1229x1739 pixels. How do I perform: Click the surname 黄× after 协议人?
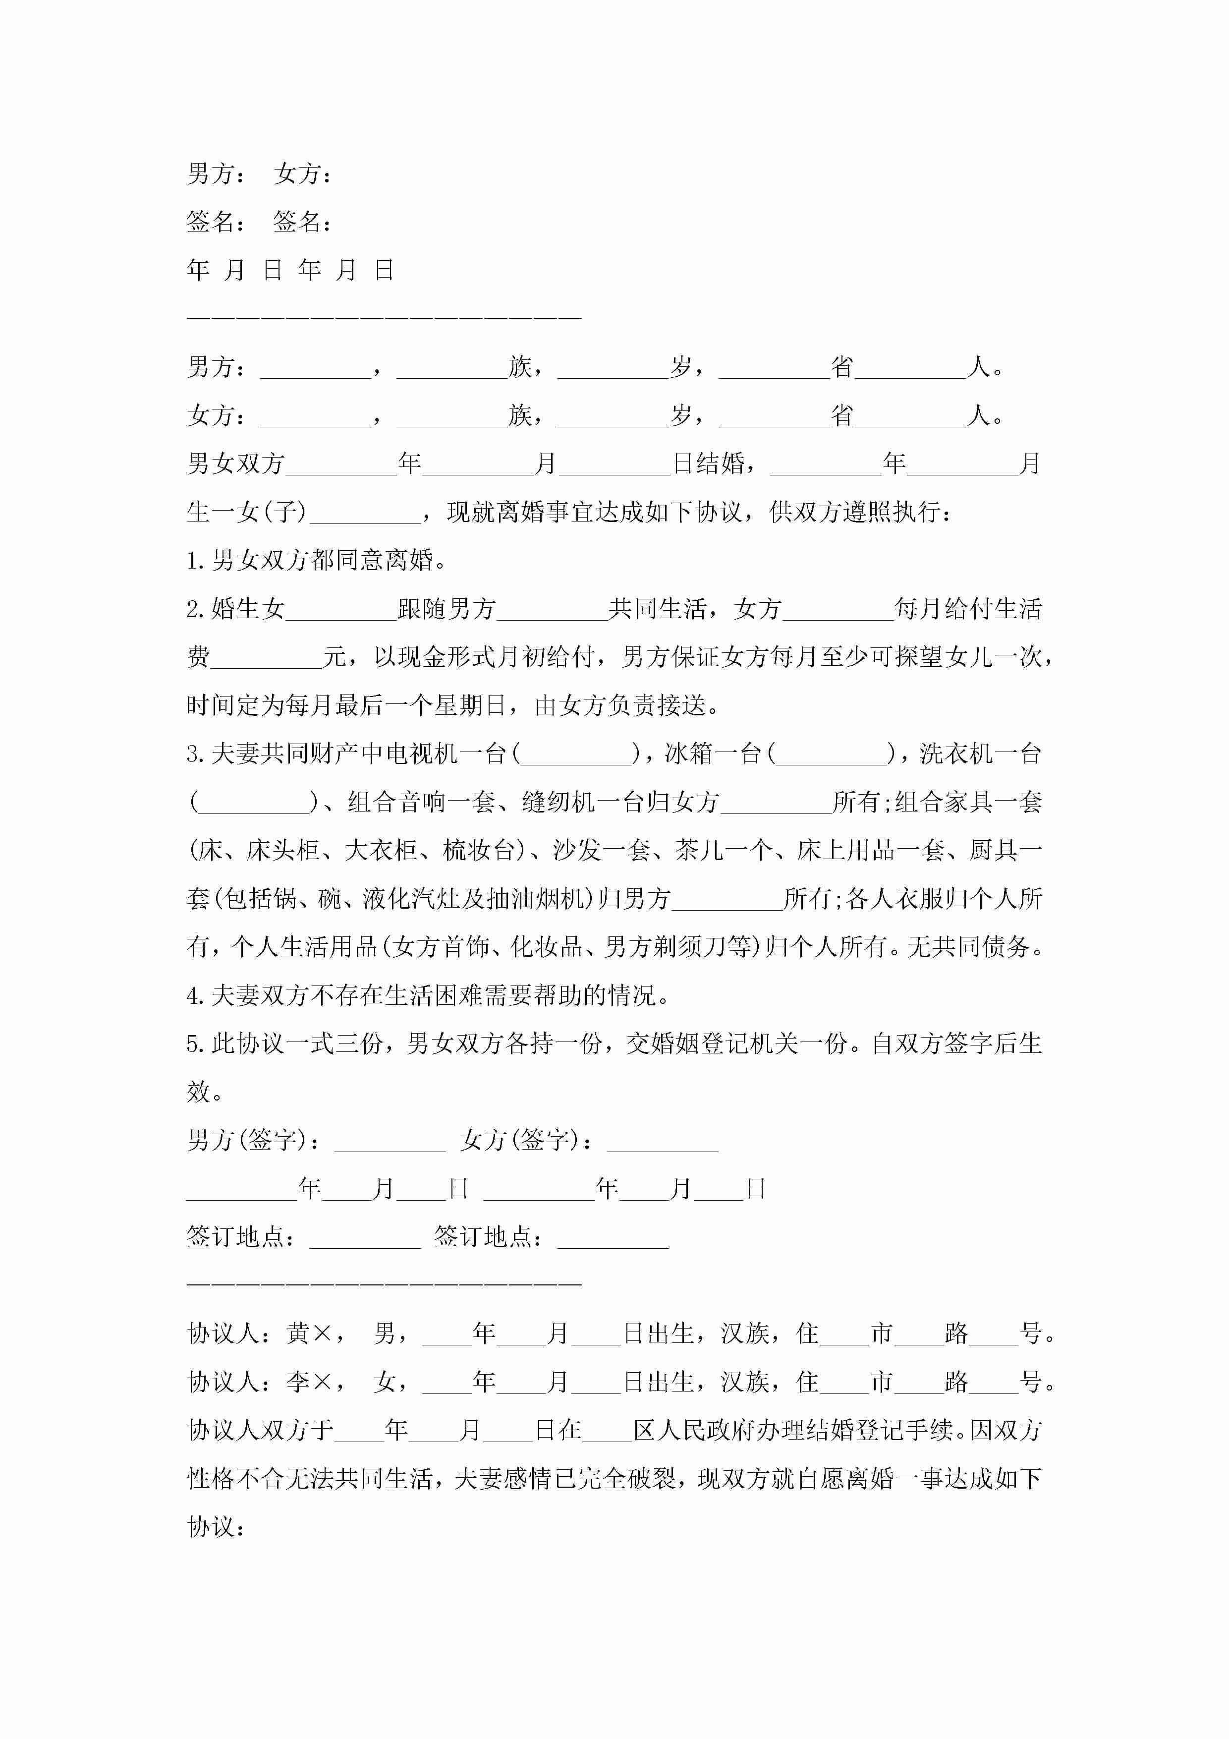click(x=309, y=1333)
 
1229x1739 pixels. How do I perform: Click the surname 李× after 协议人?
click(x=309, y=1382)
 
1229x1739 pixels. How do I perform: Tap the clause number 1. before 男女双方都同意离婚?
click(x=197, y=561)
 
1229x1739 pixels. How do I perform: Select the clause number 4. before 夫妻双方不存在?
click(x=197, y=995)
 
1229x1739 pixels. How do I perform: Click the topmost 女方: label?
click(x=303, y=174)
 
